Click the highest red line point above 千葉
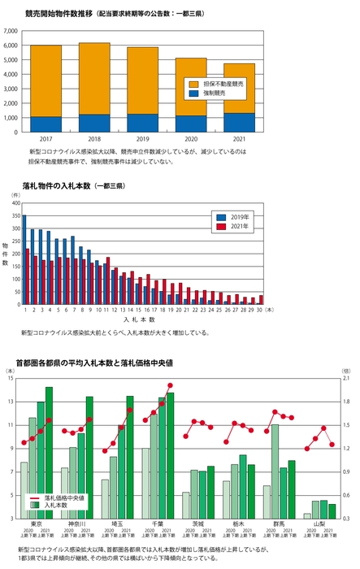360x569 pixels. [x=170, y=385]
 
